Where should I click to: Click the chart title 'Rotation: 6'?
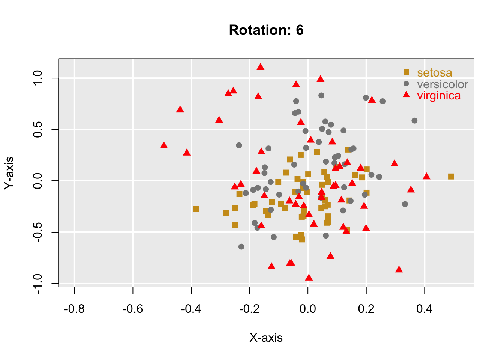pos(266,30)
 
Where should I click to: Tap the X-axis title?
pos(266,338)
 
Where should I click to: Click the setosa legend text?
pos(434,72)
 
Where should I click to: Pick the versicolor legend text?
pos(442,84)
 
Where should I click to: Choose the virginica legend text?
pos(439,96)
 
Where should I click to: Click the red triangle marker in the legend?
pos(406,94)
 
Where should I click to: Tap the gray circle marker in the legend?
pos(406,83)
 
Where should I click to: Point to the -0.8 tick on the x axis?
pos(75,309)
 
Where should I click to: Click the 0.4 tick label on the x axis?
pos(424,309)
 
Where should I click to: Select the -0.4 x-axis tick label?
pos(191,309)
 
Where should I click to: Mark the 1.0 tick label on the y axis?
pos(38,78)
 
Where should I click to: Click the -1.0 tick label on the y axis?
pos(38,283)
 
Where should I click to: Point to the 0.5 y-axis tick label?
pos(38,129)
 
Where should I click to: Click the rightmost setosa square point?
pos(451,177)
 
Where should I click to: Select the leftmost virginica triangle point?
pos(163,145)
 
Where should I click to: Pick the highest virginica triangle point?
pos(261,67)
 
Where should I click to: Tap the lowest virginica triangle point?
pos(309,277)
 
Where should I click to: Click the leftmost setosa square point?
pos(196,209)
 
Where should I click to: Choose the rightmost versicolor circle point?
pos(414,121)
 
